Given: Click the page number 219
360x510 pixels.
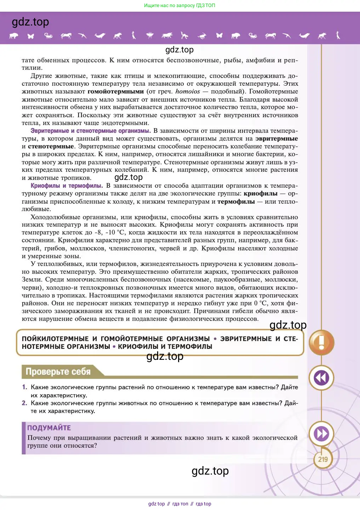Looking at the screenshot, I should pos(322,459).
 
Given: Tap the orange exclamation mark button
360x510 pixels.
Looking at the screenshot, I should pos(321,342).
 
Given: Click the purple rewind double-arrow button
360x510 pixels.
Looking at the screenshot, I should pos(321,378).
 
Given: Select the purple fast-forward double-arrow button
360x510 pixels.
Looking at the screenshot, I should pos(321,434).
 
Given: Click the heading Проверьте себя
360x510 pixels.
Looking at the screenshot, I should pos(58,372).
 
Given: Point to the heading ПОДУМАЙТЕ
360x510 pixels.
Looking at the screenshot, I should pos(49,428).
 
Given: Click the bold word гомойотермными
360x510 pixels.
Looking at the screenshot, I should pos(116,91).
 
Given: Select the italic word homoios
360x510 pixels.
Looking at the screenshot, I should pos(188,91).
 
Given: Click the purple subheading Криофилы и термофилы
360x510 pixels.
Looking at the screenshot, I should pos(67,186).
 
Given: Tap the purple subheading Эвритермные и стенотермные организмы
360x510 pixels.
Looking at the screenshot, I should pos(91,131).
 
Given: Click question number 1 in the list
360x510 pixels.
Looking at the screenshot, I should pos(24,387).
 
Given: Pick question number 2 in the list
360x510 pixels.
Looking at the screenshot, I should pos(24,403).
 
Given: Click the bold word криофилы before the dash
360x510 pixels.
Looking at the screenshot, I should pos(261,193).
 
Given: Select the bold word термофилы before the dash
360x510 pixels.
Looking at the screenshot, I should pos(236,202).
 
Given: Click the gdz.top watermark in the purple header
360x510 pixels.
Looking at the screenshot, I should pos(30,22).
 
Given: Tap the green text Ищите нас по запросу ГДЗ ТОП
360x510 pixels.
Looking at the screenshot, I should pos(179,5).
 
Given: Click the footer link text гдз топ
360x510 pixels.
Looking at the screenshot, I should pos(180,504).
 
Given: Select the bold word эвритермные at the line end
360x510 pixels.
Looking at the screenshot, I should pos(276,138).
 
